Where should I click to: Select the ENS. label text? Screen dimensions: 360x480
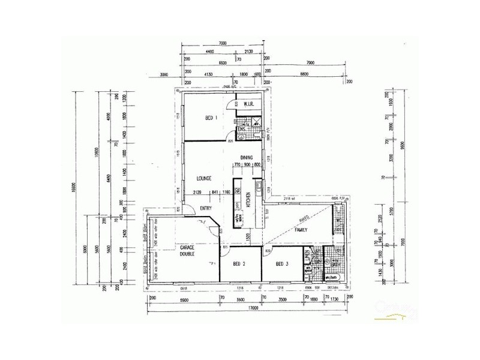[x=242, y=129]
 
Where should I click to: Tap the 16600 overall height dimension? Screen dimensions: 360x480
[x=76, y=190]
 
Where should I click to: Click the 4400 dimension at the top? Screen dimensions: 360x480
[x=210, y=52]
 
